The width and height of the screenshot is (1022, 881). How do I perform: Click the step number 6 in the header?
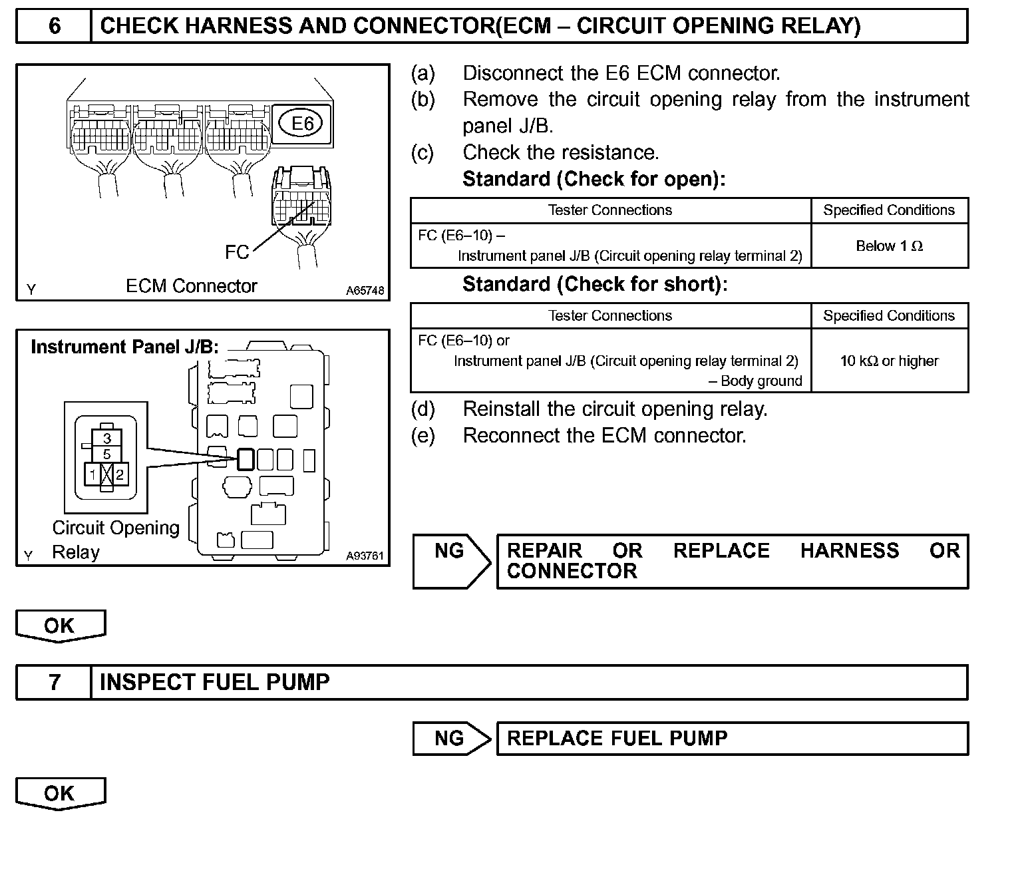coord(54,27)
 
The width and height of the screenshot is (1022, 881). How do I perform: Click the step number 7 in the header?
coord(54,682)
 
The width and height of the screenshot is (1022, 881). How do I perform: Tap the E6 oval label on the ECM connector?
coord(303,123)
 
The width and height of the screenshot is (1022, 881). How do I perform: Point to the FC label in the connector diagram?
coord(237,252)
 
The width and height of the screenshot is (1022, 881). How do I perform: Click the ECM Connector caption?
coord(192,286)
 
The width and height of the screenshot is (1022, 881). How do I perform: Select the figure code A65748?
coord(365,291)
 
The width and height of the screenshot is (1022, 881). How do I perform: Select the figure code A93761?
coord(365,556)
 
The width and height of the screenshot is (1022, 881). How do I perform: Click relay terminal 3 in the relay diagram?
coord(107,439)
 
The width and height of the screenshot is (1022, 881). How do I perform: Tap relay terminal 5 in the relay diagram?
coord(107,454)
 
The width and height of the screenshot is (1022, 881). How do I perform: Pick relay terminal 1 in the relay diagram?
coord(93,474)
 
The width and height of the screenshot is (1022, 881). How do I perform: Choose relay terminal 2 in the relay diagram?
coord(120,474)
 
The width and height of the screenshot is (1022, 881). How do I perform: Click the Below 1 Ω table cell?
coord(889,246)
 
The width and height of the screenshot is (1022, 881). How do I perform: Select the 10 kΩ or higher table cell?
coord(889,361)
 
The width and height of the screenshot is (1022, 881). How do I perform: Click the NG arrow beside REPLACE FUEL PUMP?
coord(451,738)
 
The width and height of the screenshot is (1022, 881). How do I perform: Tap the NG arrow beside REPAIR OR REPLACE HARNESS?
coord(451,561)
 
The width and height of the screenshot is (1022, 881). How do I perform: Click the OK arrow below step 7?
coord(60,793)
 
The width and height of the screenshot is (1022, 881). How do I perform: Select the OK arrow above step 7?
coord(60,625)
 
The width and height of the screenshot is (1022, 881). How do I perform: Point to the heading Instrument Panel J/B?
coord(124,347)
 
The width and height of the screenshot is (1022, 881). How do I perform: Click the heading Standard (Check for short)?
coord(595,284)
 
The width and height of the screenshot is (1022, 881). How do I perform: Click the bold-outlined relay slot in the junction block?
coord(246,459)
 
